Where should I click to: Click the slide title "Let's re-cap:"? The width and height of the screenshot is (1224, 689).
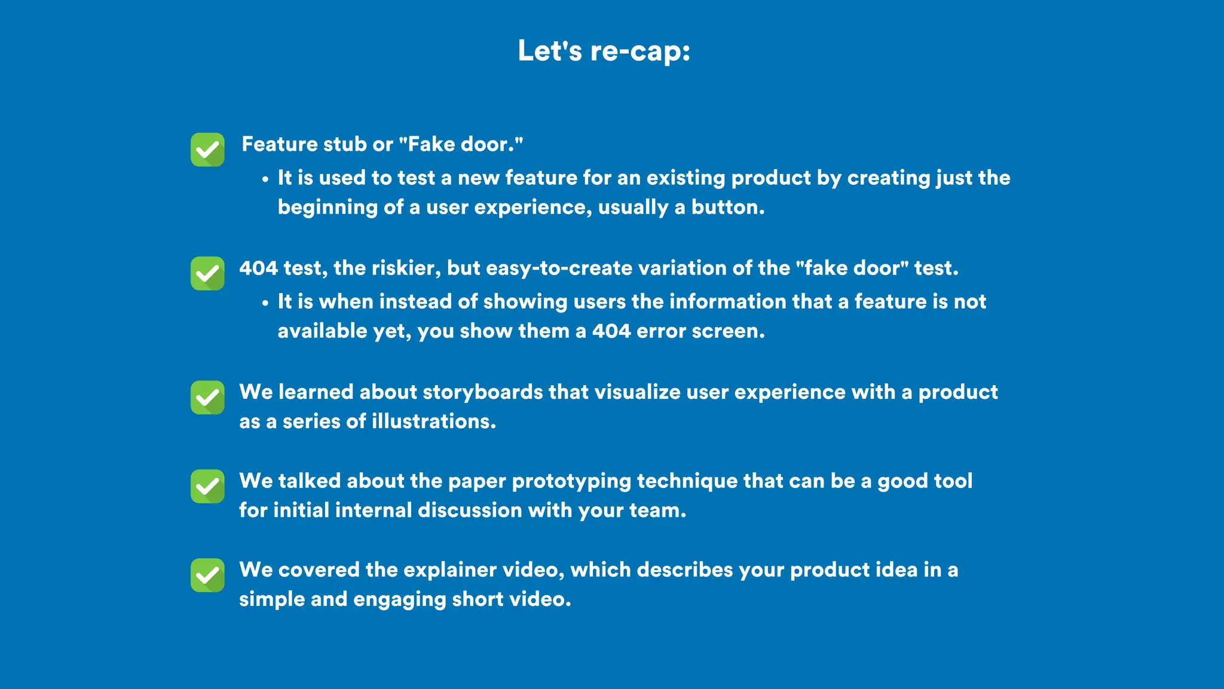pos(604,51)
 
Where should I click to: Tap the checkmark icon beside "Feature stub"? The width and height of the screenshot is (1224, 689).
pos(207,150)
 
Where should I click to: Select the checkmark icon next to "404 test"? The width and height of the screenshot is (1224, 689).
pos(207,273)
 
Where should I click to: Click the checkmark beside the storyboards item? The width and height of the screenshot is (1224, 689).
pos(207,397)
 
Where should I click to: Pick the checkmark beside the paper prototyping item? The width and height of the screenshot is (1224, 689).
pos(207,486)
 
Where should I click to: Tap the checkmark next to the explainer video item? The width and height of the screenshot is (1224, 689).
pos(207,575)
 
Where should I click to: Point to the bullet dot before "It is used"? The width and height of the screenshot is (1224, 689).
pos(265,179)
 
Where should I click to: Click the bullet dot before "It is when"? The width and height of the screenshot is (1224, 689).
pos(265,303)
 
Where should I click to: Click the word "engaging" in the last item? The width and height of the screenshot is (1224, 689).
pos(399,600)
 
